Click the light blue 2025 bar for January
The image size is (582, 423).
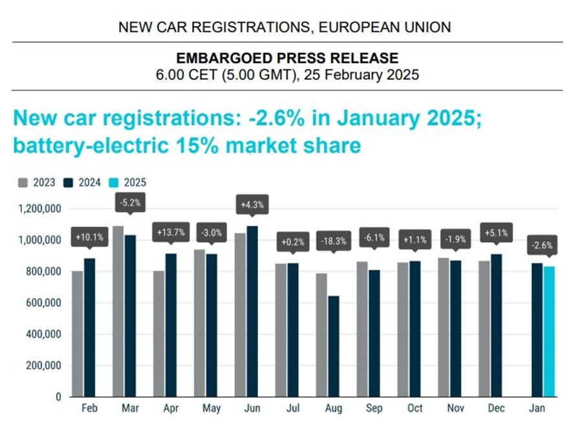tap(550, 331)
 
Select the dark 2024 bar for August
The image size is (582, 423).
tap(334, 346)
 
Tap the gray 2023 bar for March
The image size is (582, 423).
tap(118, 310)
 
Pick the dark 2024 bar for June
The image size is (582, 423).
tap(252, 310)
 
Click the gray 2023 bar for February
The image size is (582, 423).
tap(78, 333)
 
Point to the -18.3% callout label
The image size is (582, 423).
tap(333, 242)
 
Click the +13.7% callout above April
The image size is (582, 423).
tap(171, 232)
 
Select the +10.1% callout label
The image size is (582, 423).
tap(89, 236)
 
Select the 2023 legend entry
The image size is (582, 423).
tap(37, 182)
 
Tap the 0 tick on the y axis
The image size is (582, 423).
tap(57, 396)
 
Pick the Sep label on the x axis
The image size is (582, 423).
tap(374, 409)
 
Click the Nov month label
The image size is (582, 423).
tap(456, 409)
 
